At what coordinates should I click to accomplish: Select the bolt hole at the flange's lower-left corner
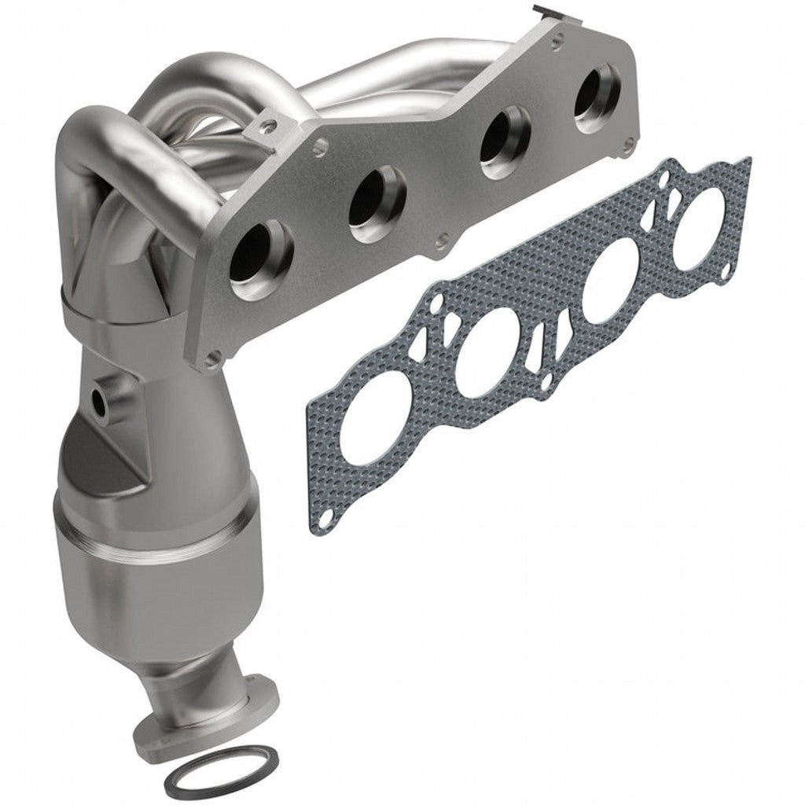click(x=211, y=360)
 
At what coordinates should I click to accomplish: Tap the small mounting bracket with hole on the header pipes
click(x=269, y=124)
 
